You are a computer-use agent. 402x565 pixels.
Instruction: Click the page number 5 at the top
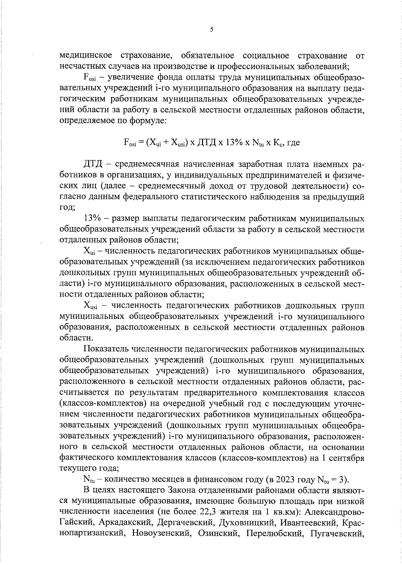(x=211, y=29)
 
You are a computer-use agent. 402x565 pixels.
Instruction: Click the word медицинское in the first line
(x=85, y=55)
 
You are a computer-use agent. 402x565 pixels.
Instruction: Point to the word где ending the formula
(x=293, y=143)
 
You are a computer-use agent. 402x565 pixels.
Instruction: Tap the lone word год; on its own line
(x=67, y=208)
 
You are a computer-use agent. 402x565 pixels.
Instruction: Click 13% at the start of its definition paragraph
(x=92, y=219)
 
